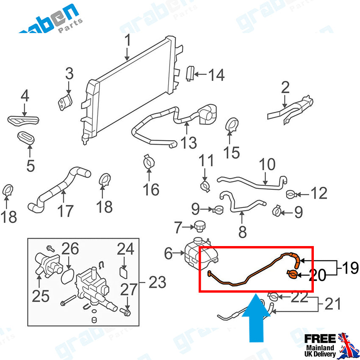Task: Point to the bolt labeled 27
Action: coord(126,312)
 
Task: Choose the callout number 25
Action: coord(41,296)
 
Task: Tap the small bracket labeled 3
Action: coord(65,102)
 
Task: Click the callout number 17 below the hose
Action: coord(65,210)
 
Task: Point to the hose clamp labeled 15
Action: coord(233,125)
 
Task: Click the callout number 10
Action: coord(267,165)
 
